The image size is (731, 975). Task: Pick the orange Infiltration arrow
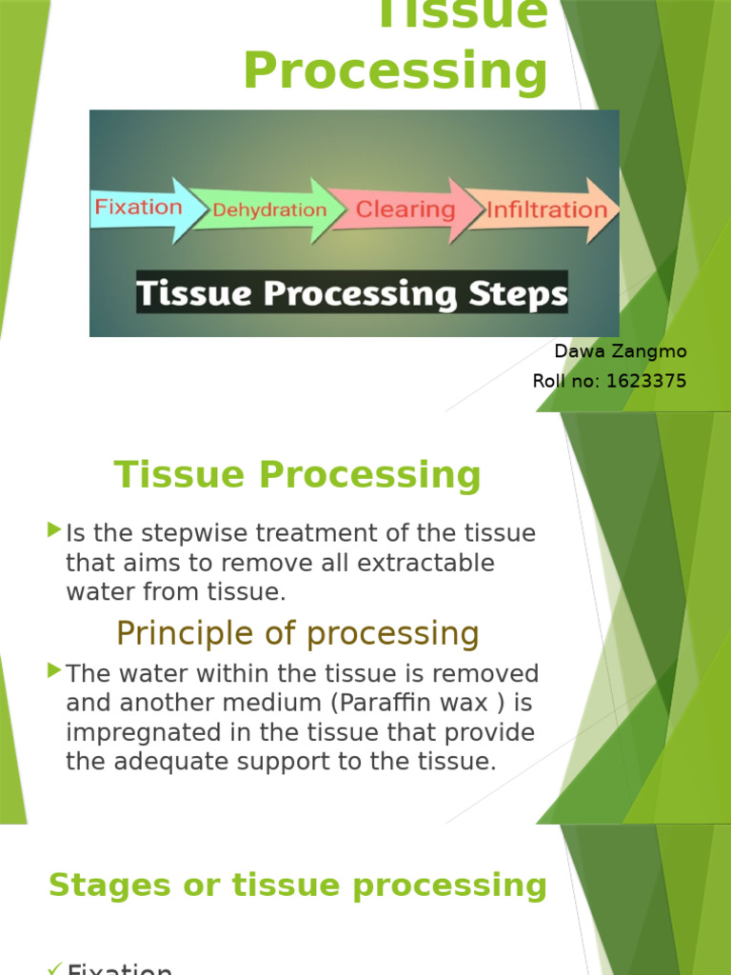coord(545,209)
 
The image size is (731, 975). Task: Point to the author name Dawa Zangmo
coord(620,351)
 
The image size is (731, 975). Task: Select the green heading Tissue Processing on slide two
coord(298,474)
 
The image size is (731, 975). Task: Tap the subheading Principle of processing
coord(298,633)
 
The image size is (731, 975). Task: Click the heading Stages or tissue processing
coord(298,885)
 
